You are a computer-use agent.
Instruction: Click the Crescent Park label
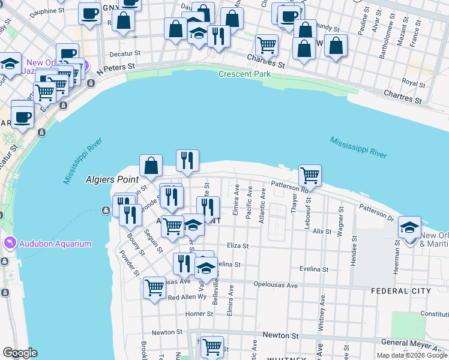(x=244, y=74)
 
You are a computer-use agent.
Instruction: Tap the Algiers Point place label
(x=112, y=179)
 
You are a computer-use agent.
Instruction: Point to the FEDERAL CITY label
(x=400, y=291)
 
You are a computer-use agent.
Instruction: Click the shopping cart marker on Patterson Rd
(x=310, y=176)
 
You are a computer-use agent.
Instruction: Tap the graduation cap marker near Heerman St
(x=410, y=229)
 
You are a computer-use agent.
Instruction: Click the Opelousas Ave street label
(x=276, y=285)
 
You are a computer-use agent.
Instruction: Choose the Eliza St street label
(x=238, y=245)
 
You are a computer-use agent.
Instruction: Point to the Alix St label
(x=322, y=230)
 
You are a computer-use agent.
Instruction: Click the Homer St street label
(x=195, y=313)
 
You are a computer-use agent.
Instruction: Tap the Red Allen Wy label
(x=187, y=298)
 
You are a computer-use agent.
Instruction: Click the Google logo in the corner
(x=20, y=353)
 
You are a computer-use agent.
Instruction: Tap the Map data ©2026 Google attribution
(x=411, y=355)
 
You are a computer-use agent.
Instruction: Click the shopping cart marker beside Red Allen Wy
(x=154, y=287)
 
